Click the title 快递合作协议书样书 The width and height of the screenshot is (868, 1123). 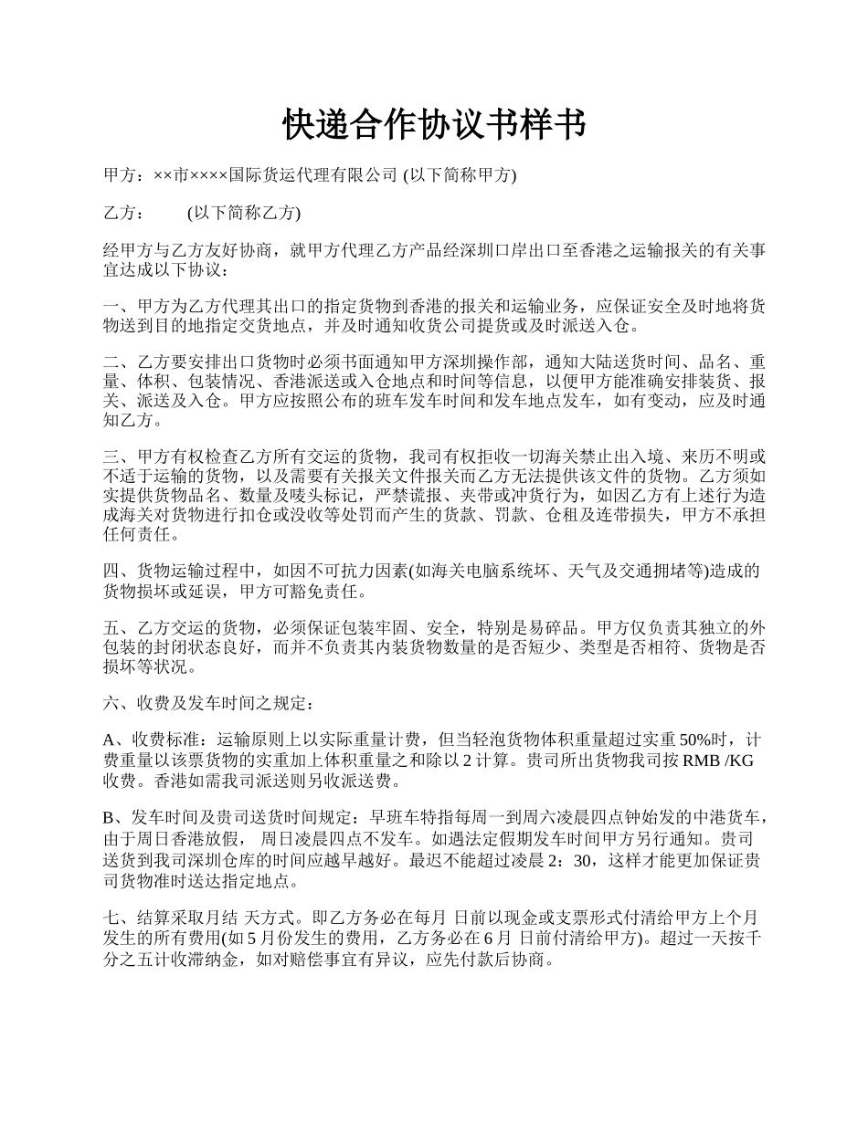tap(434, 126)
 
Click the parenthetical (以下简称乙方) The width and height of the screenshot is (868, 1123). tap(243, 213)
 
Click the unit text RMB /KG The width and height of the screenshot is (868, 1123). tap(717, 761)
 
